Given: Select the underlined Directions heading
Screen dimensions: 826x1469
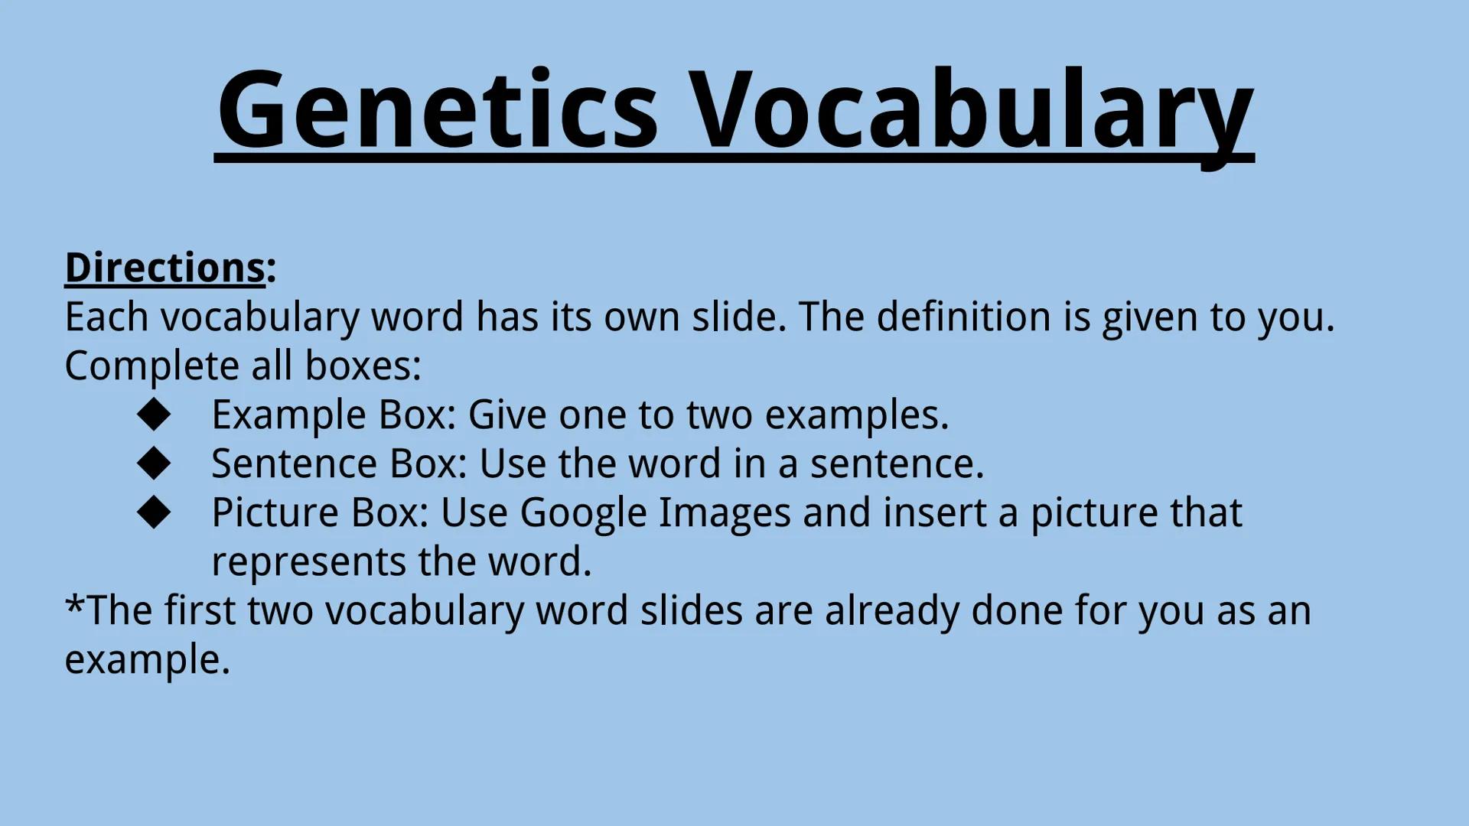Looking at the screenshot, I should tap(165, 268).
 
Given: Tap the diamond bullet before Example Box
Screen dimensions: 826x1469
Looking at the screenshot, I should tap(154, 414).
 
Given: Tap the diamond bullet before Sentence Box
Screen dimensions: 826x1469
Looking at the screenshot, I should tap(154, 463).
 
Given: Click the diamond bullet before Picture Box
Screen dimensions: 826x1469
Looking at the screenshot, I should tap(154, 512).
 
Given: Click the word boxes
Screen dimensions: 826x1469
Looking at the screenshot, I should tap(363, 366).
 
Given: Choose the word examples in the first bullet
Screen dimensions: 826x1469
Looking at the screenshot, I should tap(857, 415).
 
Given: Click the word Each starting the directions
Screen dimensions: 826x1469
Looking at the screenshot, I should tap(106, 317).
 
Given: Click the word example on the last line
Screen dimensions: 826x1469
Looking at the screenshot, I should tap(147, 660).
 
